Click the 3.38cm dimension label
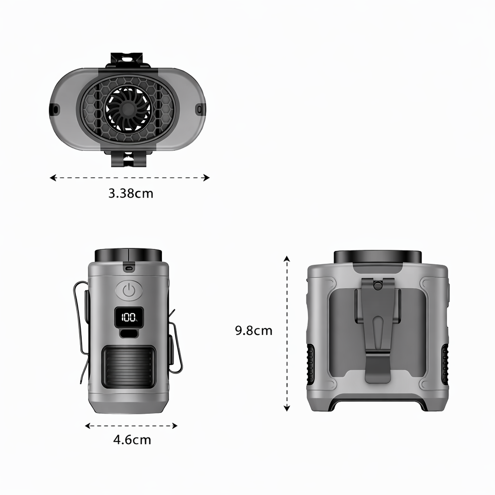coord(131,194)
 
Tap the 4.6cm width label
coord(132,439)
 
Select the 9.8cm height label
coord(253,331)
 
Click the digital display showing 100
coord(129,317)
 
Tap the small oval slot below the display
coord(129,334)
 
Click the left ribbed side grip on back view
coord(310,365)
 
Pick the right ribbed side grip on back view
coord(444,365)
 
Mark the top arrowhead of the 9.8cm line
coord(287,258)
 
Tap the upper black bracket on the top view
coord(128,60)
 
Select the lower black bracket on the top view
coord(128,158)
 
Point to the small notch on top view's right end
coord(199,109)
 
